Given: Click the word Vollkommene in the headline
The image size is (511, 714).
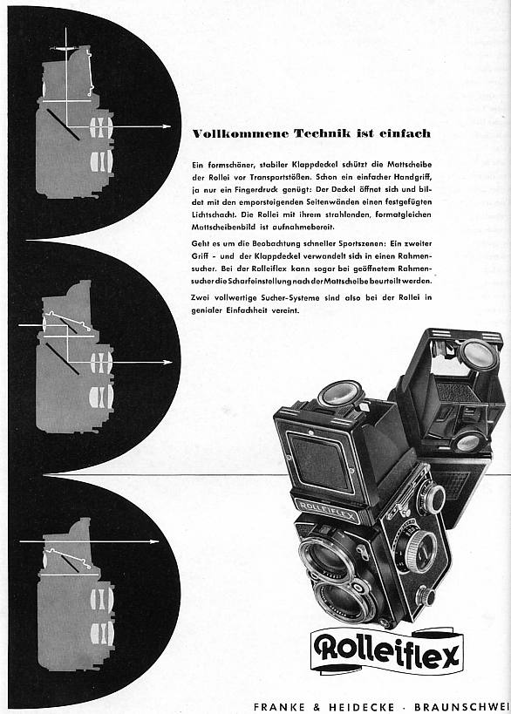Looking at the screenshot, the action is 240,133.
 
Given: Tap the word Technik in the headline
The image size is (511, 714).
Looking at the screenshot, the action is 323,133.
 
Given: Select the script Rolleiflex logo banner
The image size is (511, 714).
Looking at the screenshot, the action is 387,651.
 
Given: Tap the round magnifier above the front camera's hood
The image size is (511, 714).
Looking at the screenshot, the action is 340,394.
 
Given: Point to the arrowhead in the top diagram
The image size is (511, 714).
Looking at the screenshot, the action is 167,126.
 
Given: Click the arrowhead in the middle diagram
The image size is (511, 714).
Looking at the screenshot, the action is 167,363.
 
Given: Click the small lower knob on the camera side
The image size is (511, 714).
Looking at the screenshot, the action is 427,595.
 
